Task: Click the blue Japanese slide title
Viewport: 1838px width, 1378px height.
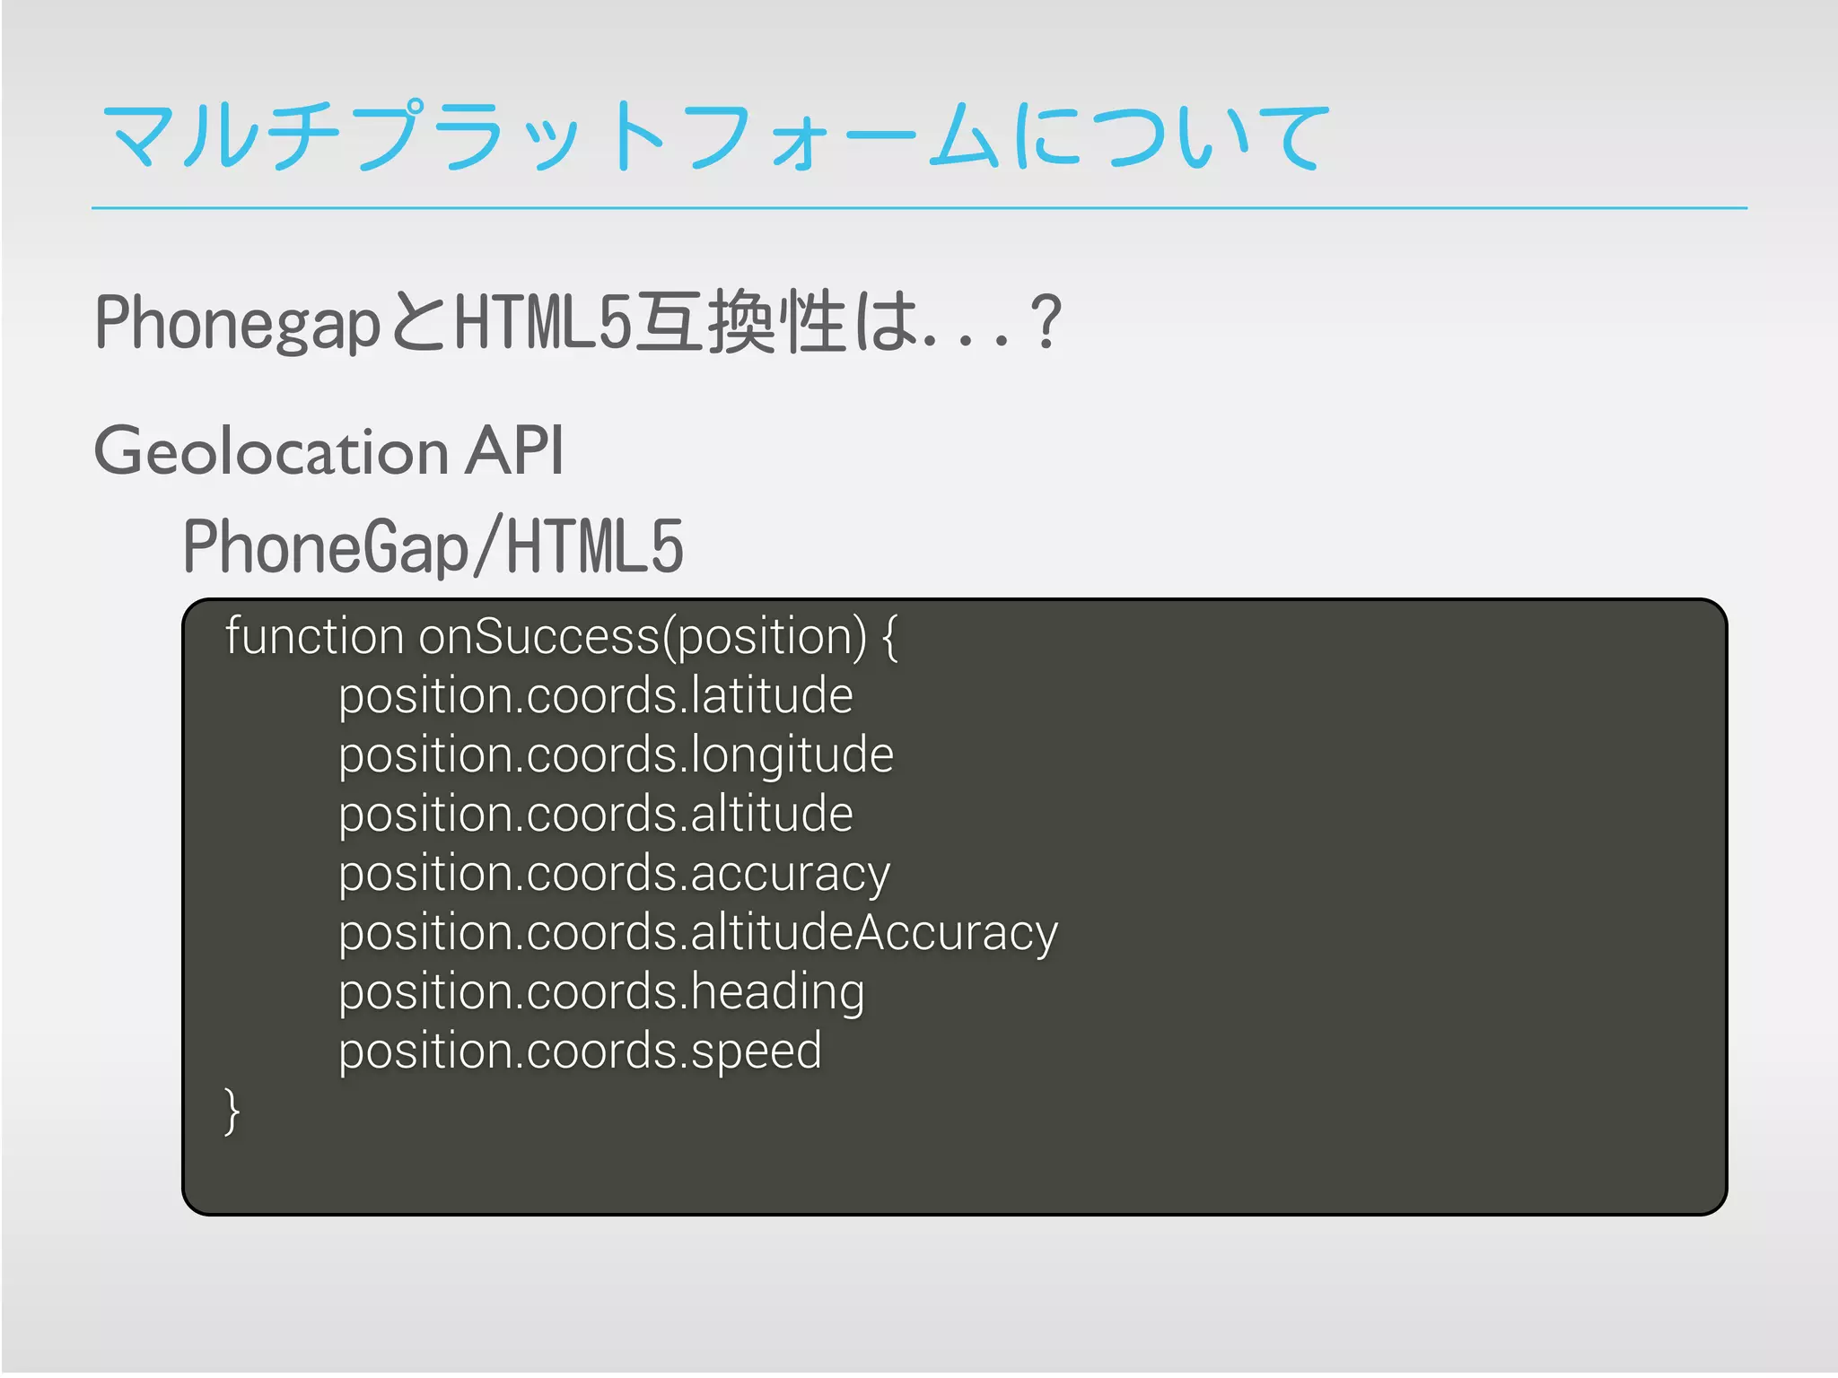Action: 713,136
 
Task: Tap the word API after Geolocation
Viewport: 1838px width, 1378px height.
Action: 513,450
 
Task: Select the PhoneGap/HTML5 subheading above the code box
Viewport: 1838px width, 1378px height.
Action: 433,547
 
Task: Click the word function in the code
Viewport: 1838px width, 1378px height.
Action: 314,637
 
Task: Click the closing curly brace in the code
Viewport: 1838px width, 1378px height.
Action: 232,1112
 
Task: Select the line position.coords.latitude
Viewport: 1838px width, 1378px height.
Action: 595,697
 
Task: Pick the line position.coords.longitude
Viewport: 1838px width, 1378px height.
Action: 616,756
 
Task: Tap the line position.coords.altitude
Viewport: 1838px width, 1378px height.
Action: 595,815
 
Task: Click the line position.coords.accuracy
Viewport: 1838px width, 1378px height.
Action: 614,875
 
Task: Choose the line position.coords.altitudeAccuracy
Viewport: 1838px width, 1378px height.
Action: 697,934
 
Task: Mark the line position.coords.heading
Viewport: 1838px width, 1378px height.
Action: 601,993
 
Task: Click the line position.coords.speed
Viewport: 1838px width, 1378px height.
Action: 580,1052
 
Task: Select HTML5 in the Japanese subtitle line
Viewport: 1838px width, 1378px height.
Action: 543,323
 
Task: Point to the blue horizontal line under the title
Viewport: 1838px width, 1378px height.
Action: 919,208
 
